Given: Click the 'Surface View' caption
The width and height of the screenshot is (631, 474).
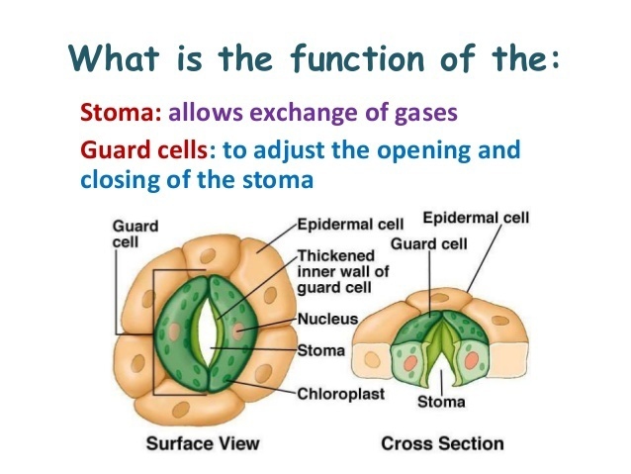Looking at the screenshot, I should (x=204, y=442).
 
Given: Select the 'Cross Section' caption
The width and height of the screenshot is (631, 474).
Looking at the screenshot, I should (x=442, y=442).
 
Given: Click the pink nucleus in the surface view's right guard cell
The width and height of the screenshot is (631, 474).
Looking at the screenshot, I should (x=241, y=329).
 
